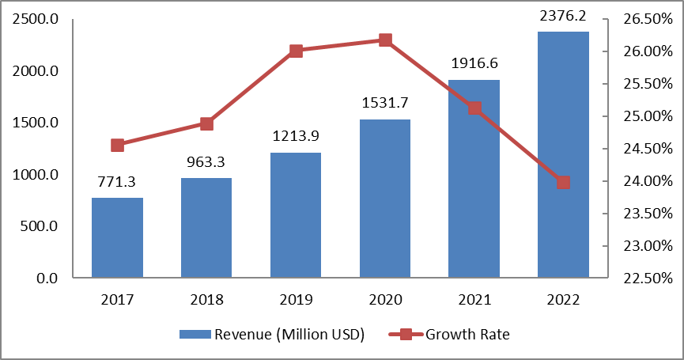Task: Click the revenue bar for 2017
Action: (x=117, y=237)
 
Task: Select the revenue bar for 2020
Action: (x=385, y=199)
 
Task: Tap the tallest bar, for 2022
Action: (x=563, y=154)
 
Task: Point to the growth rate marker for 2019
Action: (x=296, y=51)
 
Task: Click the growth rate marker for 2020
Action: (x=385, y=40)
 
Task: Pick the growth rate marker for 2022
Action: (x=563, y=183)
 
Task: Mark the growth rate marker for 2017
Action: (x=118, y=145)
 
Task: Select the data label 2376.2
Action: (x=563, y=14)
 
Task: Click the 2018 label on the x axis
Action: (x=206, y=300)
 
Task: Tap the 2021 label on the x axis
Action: (x=474, y=300)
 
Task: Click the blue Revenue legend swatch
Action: (x=195, y=334)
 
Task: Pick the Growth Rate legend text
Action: (x=467, y=334)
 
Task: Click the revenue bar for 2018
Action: (x=206, y=228)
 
